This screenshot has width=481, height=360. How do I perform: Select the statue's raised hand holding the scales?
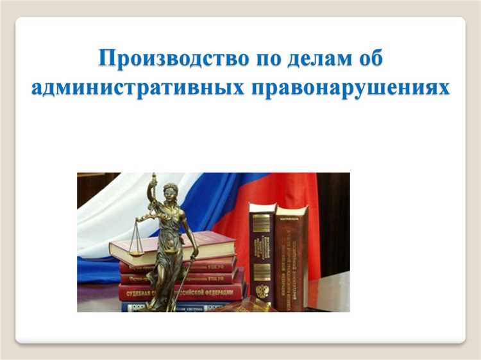pos(153,182)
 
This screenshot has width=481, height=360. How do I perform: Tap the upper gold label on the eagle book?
pos(262,224)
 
